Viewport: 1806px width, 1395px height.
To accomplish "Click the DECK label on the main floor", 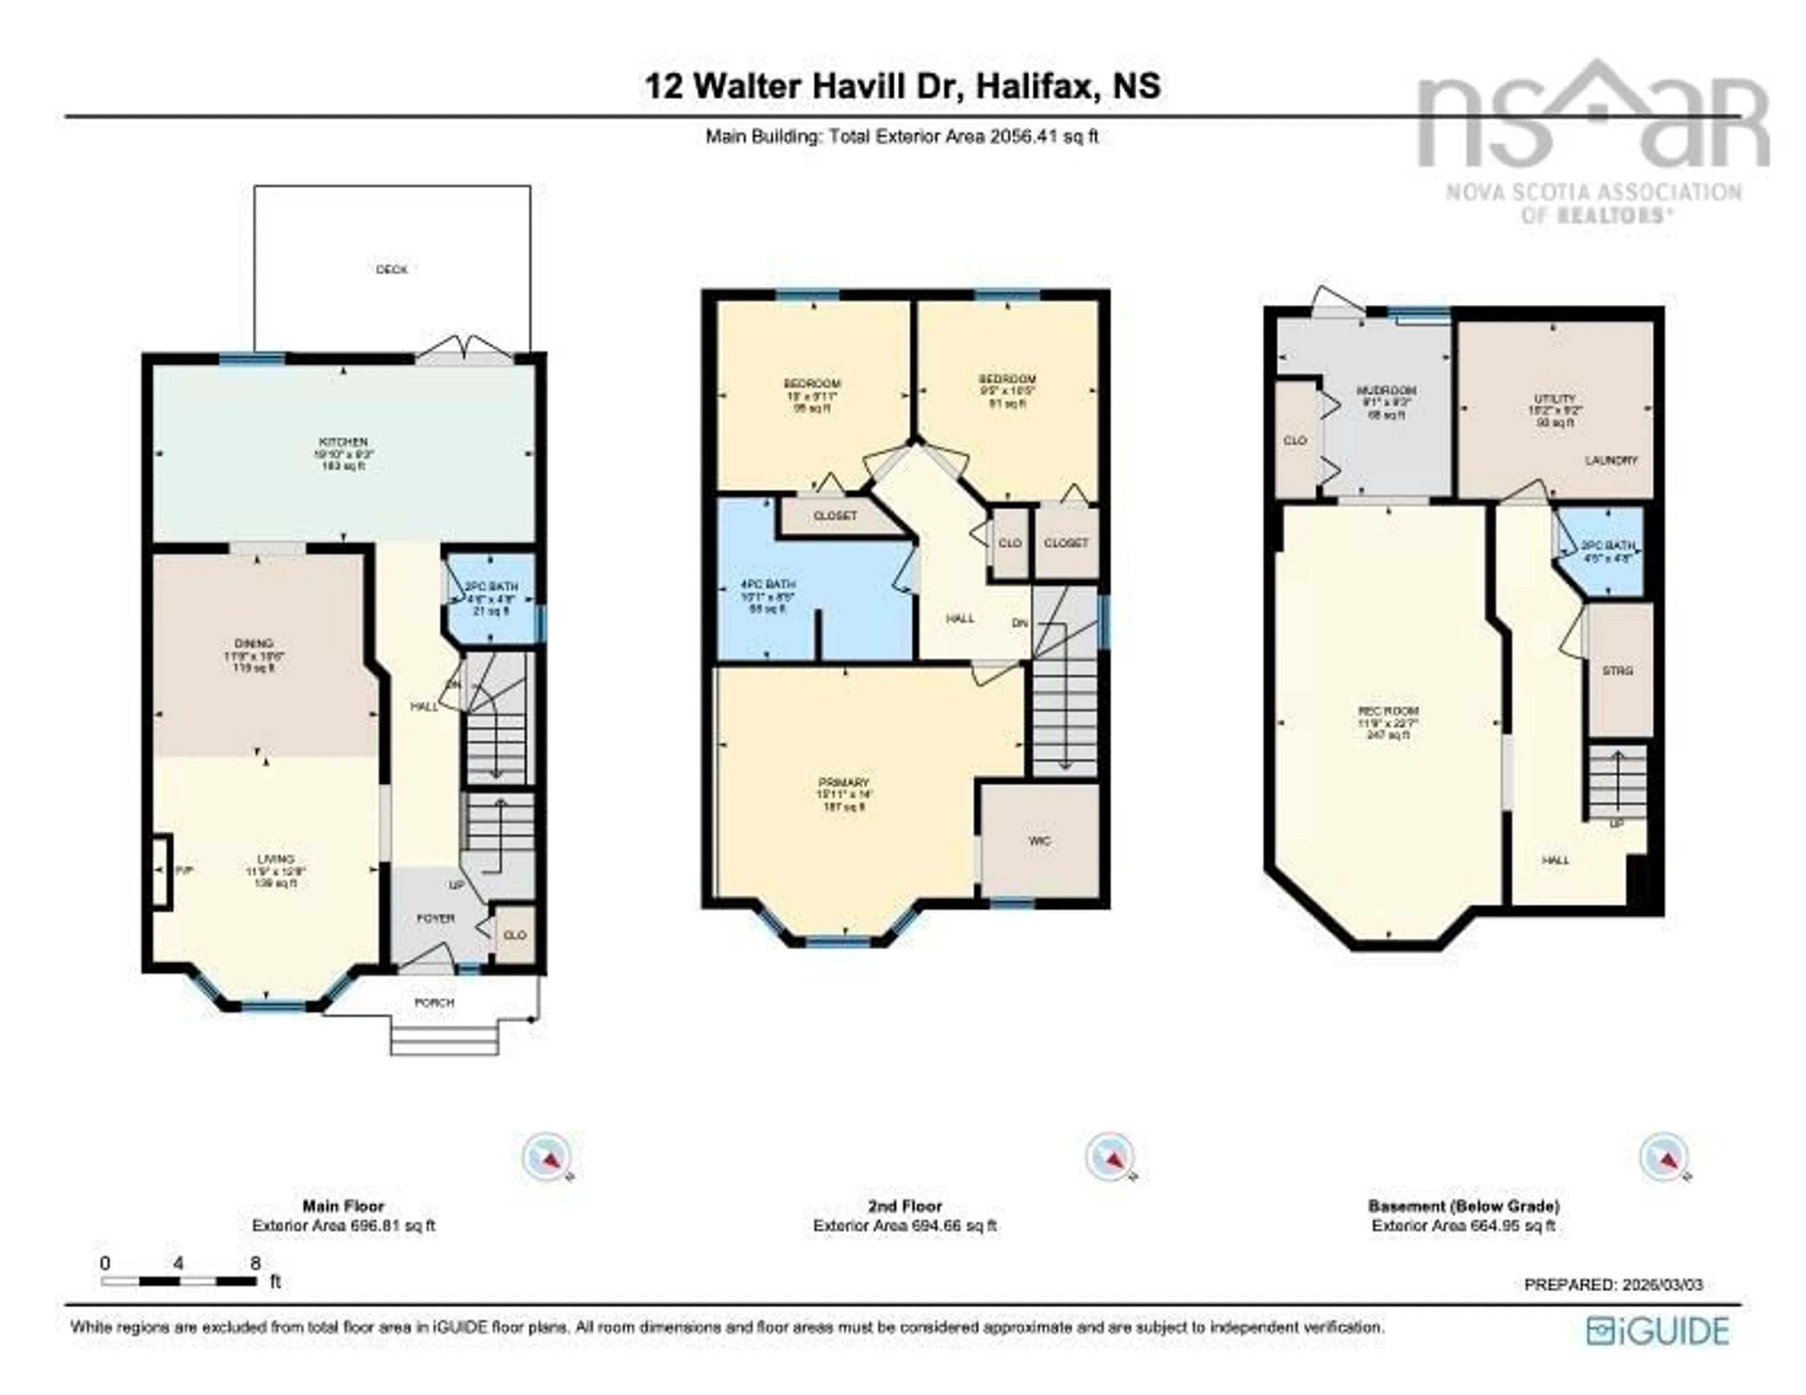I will pyautogui.click(x=391, y=269).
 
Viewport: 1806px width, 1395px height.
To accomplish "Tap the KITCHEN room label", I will pyautogui.click(x=344, y=442).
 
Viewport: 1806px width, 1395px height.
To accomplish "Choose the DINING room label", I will pyautogui.click(x=254, y=643).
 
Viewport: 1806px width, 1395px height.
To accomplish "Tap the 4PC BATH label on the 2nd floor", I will pyautogui.click(x=768, y=584).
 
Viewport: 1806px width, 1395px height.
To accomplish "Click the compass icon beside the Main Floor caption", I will pyautogui.click(x=547, y=1155).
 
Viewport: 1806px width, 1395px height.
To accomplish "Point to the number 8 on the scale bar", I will pyautogui.click(x=255, y=1263).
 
